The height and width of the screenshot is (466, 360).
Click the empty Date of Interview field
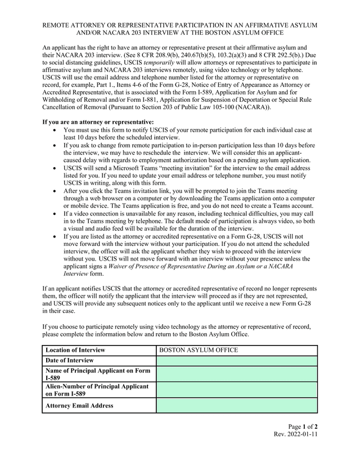tap(236, 361)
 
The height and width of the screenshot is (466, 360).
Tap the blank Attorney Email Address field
tap(236, 405)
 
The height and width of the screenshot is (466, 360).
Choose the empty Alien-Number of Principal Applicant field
tap(236, 390)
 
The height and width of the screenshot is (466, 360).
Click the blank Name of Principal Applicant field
tap(236, 374)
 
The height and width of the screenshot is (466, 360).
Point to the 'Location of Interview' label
tap(75, 350)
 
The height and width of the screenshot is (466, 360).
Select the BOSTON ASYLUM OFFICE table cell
tap(199, 350)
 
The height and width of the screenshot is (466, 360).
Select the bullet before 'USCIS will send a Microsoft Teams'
tap(53, 168)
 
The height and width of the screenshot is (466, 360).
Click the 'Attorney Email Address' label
tap(79, 405)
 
